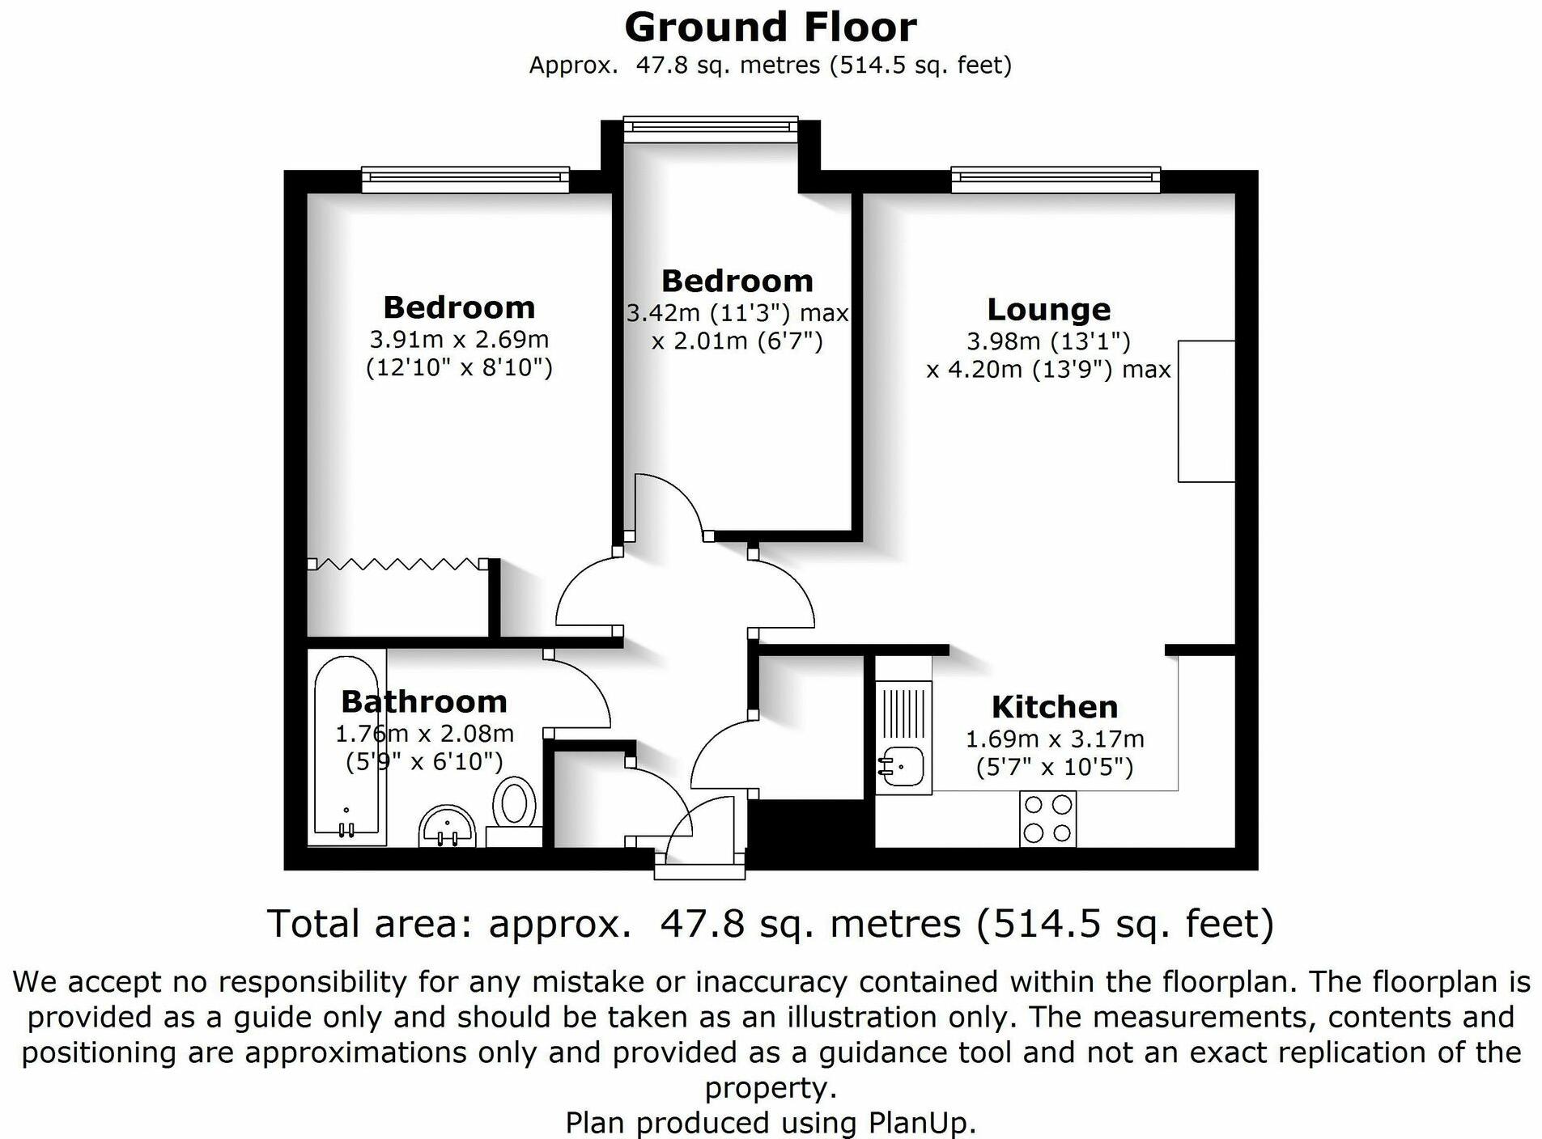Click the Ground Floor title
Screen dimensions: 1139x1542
tap(770, 28)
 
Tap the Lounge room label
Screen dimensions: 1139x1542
tap(1048, 309)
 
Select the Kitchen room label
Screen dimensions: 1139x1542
tap(1054, 707)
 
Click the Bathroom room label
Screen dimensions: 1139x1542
tap(424, 701)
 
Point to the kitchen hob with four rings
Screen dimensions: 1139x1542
tap(1047, 819)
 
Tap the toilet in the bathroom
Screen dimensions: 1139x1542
tap(515, 804)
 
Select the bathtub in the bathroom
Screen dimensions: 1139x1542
tap(346, 749)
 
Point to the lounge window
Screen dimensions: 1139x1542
tap(1055, 180)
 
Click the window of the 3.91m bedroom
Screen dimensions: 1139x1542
tap(465, 180)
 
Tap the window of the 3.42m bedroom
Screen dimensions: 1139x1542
tap(710, 129)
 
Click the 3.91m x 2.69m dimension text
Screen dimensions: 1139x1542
tap(459, 339)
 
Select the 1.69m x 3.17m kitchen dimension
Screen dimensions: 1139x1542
tap(1054, 739)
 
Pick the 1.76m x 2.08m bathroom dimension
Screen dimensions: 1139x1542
tap(424, 734)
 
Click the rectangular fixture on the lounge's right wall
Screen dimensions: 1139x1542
tap(1205, 411)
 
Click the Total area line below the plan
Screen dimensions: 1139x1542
tap(770, 924)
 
